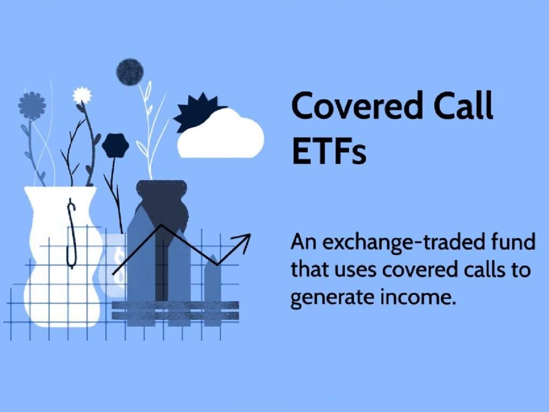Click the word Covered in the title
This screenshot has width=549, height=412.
tap(357, 106)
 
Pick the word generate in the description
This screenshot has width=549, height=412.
tap(332, 298)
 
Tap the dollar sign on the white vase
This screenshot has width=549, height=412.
tap(71, 234)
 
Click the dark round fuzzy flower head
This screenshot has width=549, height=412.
tap(130, 72)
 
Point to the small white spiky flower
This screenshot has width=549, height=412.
tap(82, 95)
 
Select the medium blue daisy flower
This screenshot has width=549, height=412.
tap(32, 106)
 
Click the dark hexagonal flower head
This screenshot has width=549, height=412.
tap(115, 145)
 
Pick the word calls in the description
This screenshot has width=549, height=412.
tap(483, 270)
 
